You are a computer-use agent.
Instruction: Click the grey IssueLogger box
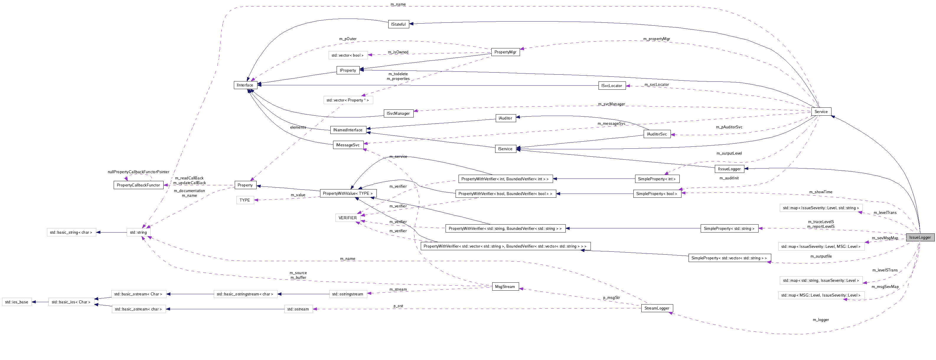920,237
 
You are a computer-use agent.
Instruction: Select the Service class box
821,112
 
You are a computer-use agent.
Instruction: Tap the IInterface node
245,85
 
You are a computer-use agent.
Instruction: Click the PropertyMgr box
505,52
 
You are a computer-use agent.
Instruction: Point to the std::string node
138,232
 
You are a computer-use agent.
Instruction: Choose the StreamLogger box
657,308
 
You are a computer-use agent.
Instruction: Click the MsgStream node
505,286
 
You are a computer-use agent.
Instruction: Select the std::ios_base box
17,302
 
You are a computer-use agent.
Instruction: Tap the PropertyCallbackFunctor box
138,185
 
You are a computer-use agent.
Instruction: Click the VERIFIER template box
347,217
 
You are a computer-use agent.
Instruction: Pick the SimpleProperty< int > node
657,179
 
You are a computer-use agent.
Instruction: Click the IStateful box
398,24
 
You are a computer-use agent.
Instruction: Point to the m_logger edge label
821,320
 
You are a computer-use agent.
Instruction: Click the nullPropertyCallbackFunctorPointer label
138,172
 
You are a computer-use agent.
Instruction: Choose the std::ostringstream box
347,294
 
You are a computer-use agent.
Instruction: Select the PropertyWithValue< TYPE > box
348,193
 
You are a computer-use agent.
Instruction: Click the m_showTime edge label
821,192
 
